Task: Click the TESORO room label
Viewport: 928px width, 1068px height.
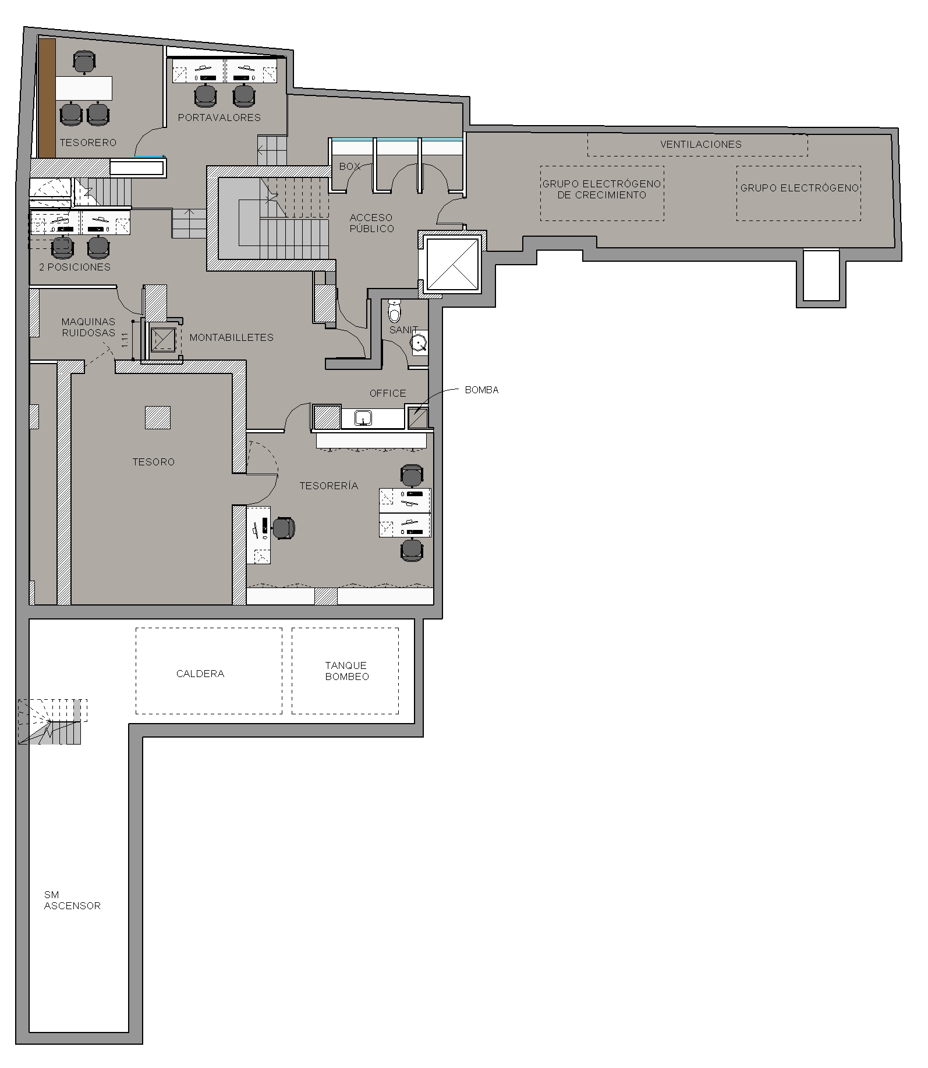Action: (x=153, y=462)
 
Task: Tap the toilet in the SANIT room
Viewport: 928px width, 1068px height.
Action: (x=395, y=311)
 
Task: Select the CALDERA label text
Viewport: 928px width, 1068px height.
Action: (x=200, y=674)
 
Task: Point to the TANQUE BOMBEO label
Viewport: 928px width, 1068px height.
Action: (x=347, y=671)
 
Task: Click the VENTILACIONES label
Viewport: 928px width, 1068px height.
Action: (x=701, y=144)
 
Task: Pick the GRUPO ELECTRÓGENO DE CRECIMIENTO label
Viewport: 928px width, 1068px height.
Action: (x=602, y=189)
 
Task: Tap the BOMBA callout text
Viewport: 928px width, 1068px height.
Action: (x=482, y=390)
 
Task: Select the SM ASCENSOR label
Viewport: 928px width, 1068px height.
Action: (x=72, y=900)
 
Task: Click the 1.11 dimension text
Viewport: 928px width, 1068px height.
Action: (x=125, y=340)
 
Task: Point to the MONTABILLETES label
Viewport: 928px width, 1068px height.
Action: (x=232, y=337)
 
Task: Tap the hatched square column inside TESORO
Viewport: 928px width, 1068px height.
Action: (x=158, y=418)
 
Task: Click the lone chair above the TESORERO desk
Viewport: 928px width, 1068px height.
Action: (x=85, y=62)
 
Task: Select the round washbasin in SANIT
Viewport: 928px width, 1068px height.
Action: (x=419, y=343)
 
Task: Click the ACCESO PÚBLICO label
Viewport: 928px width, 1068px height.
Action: (x=372, y=223)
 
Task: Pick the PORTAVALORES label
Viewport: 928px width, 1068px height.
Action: (x=219, y=118)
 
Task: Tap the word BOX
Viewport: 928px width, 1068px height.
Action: (x=350, y=166)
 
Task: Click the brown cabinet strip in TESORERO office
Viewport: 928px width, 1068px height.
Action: (x=47, y=98)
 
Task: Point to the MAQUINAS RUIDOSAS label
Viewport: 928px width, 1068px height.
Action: (x=88, y=327)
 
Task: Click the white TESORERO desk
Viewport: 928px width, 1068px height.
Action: (x=84, y=88)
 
